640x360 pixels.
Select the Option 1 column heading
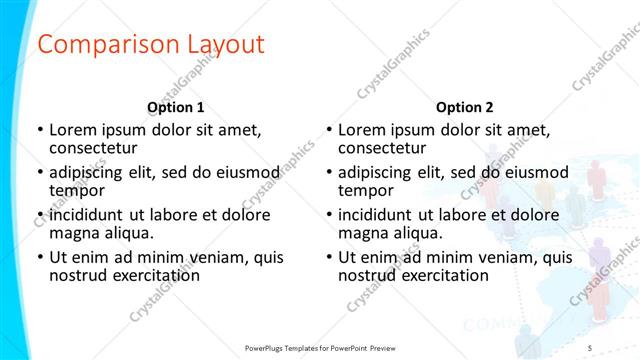pyautogui.click(x=176, y=107)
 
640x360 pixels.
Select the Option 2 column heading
pyautogui.click(x=465, y=107)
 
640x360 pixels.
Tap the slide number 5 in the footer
pyautogui.click(x=590, y=347)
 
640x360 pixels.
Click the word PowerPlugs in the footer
pyautogui.click(x=269, y=347)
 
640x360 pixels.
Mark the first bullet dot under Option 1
pyautogui.click(x=40, y=130)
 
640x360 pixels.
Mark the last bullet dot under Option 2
pyautogui.click(x=329, y=257)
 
